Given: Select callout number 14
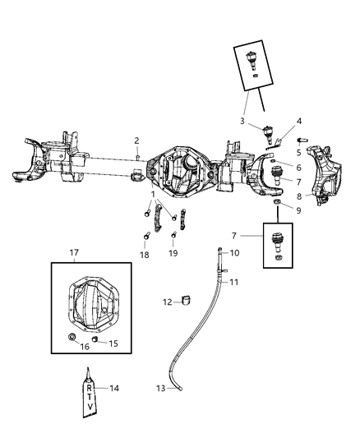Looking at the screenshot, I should (113, 388).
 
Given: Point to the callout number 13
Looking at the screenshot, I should (161, 387).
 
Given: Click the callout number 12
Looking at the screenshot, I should (167, 302).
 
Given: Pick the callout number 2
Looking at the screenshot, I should (137, 141).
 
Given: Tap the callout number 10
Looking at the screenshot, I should (234, 252).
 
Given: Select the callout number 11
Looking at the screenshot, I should (235, 282).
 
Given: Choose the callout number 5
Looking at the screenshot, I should (286, 150).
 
